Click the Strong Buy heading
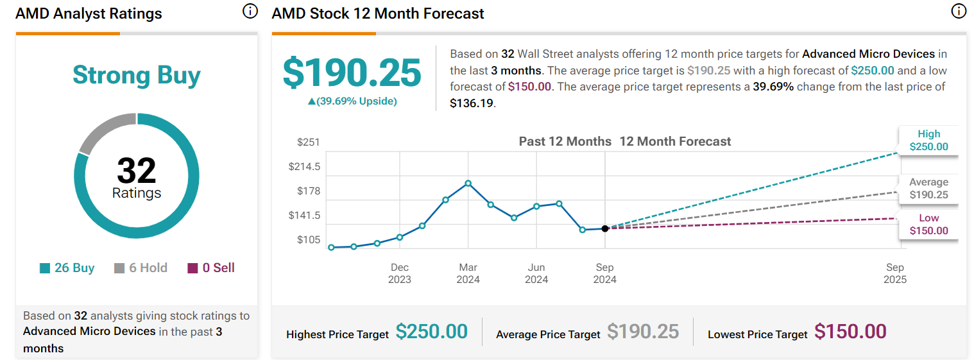(x=136, y=75)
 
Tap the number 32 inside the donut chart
(x=136, y=171)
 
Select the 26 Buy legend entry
(x=67, y=268)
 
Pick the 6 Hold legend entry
(x=141, y=268)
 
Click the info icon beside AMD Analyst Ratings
(x=250, y=12)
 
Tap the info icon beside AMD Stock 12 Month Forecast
(x=959, y=12)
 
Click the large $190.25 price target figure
(x=352, y=73)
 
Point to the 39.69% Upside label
(x=352, y=101)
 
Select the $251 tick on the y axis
(x=309, y=142)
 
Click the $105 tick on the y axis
(x=309, y=240)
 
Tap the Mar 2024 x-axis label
(x=468, y=273)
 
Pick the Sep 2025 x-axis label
(x=895, y=273)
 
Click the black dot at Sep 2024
(x=605, y=228)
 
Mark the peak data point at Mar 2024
(x=468, y=184)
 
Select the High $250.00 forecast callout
(x=928, y=141)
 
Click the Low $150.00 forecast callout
(x=928, y=225)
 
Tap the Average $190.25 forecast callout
(x=928, y=189)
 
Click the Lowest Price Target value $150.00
(x=850, y=332)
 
